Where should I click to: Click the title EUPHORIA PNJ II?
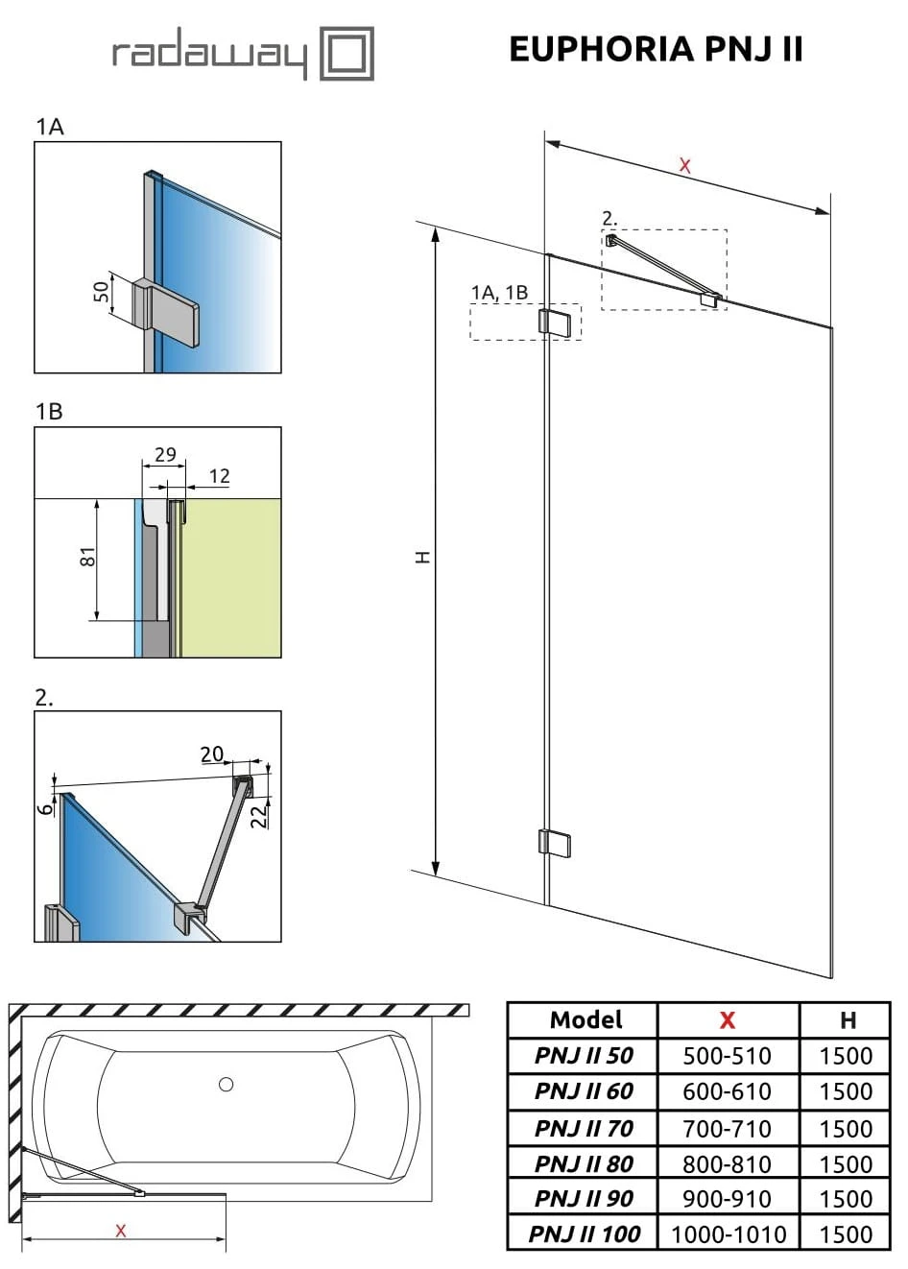point(656,49)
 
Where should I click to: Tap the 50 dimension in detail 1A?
point(100,292)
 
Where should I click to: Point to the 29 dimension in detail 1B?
point(165,453)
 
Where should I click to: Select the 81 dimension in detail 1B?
point(87,557)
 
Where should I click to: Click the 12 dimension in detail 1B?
point(219,476)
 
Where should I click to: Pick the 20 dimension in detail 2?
point(211,754)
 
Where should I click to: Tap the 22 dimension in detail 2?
point(257,815)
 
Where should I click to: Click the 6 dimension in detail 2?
point(45,808)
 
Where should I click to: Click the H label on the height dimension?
point(422,557)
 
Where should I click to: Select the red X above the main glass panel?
point(684,165)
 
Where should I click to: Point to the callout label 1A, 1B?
point(499,293)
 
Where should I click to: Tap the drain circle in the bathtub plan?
point(226,1085)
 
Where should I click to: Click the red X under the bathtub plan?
point(120,1232)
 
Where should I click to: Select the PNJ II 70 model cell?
point(583,1128)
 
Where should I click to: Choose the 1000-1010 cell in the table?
point(728,1234)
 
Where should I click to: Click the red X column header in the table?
point(727,1020)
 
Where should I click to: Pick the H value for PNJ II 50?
point(846,1056)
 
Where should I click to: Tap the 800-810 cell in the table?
point(727,1164)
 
